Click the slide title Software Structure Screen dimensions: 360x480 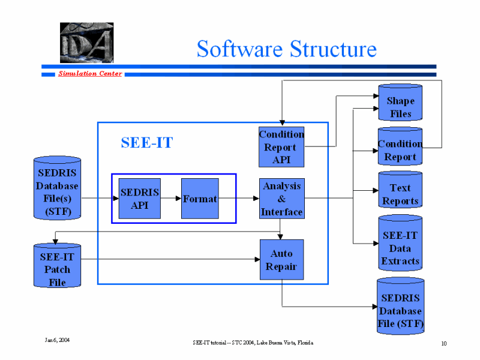pos(286,49)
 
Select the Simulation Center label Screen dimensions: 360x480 pos(90,74)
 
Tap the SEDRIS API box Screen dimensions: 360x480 pos(140,199)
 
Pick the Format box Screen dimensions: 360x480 pos(200,199)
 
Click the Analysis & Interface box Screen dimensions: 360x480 pos(281,199)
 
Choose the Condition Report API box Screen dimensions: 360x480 pos(281,147)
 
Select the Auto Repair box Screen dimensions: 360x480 pos(281,259)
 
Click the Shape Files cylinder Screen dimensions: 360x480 pos(400,103)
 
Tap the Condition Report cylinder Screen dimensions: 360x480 pos(400,148)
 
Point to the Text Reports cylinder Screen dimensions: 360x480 pos(400,191)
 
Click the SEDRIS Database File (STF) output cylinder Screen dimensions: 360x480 pos(400,307)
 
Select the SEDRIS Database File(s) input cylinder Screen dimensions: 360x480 pos(57,189)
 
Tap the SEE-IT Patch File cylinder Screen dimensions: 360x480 pos(57,266)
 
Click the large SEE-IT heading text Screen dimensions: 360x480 pos(147,143)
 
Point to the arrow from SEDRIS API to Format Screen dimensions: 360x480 pos(171,198)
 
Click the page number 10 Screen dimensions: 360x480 pos(443,344)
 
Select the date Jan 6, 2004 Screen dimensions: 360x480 pos(58,340)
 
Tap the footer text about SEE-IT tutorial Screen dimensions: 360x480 pos(253,343)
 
